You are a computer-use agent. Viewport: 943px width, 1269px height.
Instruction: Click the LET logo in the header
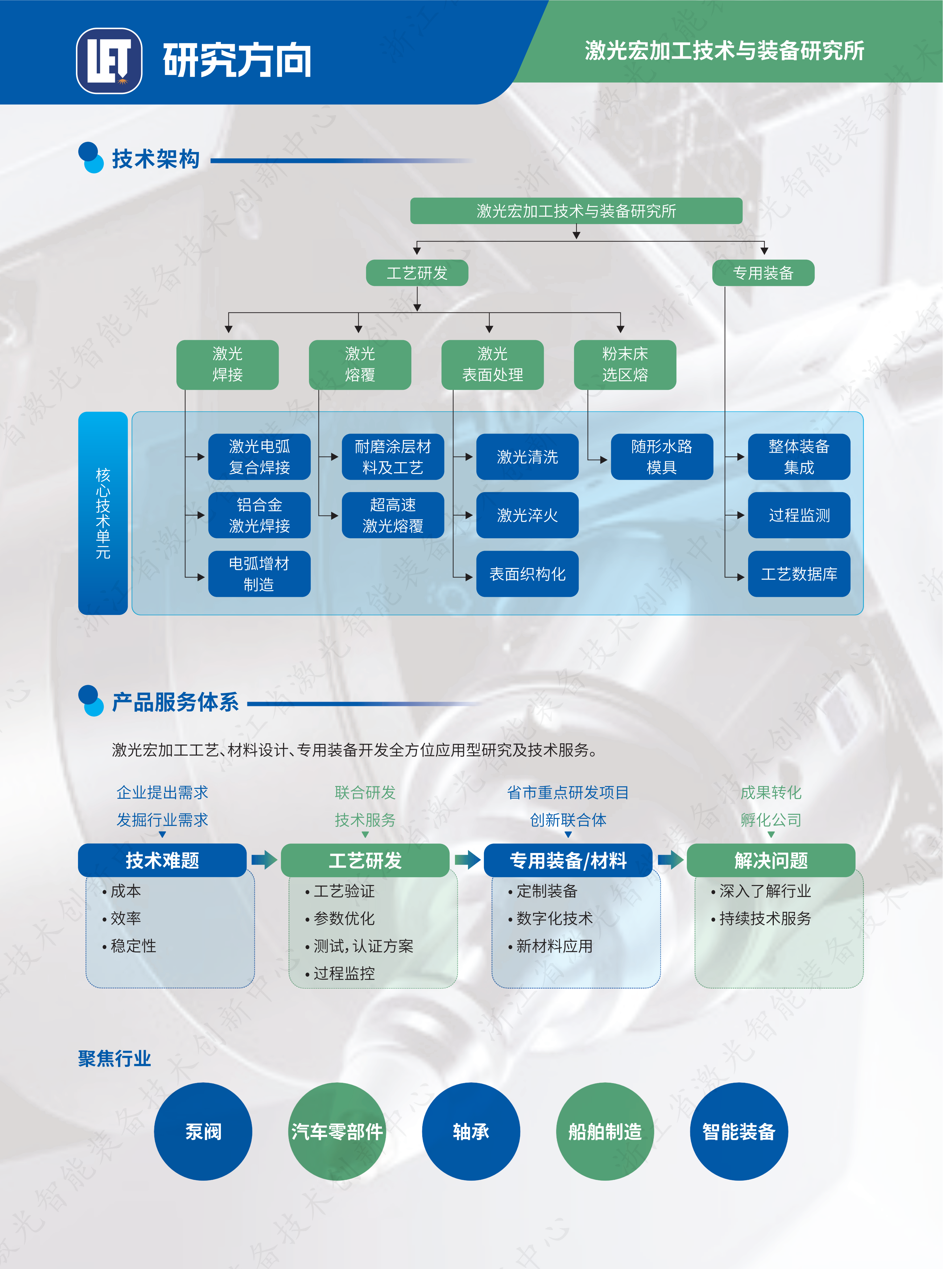coord(109,61)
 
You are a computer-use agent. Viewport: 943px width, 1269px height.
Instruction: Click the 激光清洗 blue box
coord(527,457)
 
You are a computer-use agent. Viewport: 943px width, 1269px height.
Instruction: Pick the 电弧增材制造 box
coord(259,574)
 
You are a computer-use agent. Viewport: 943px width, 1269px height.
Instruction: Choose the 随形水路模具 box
coord(661,457)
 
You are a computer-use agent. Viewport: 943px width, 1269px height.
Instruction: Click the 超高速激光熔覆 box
coord(393,515)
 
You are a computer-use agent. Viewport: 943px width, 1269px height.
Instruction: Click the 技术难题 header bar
coord(162,860)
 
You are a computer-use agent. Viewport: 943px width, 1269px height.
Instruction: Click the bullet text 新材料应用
coord(554,946)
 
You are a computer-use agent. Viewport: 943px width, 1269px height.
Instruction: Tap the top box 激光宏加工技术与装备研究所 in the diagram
coord(576,211)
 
